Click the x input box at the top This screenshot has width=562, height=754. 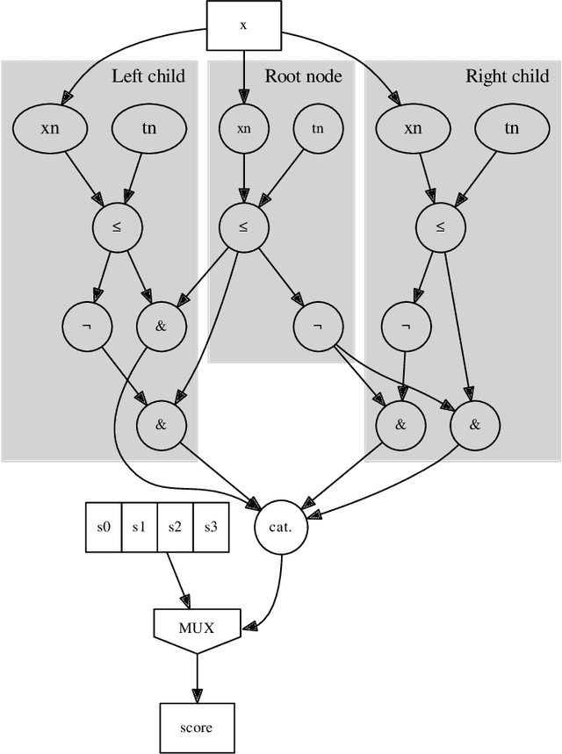tap(243, 25)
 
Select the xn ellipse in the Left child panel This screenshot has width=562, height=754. tap(50, 128)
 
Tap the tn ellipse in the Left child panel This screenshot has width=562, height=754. tap(149, 128)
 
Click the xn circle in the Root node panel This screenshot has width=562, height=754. tap(243, 128)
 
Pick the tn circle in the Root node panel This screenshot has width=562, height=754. tap(318, 128)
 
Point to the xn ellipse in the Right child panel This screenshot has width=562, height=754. tap(413, 128)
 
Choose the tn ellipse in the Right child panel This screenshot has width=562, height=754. tap(512, 128)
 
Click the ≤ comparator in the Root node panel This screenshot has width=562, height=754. tap(243, 226)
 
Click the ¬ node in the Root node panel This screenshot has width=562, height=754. tap(318, 326)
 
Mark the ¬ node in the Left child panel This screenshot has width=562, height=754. tap(87, 326)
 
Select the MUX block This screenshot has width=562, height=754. tap(196, 627)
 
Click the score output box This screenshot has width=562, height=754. tap(196, 728)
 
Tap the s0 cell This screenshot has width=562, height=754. tap(104, 528)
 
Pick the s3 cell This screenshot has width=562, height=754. tap(211, 528)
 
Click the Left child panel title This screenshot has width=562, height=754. tap(148, 76)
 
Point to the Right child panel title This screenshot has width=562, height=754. tap(507, 76)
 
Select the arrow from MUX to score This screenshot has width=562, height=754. tap(196, 676)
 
